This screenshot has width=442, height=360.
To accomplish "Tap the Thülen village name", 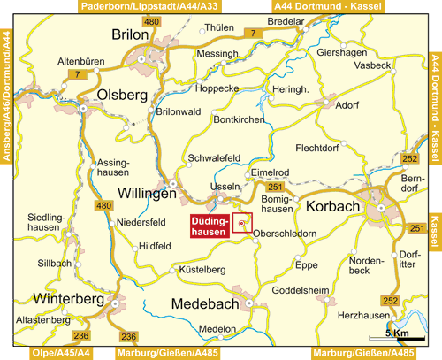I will click(x=218, y=27).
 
